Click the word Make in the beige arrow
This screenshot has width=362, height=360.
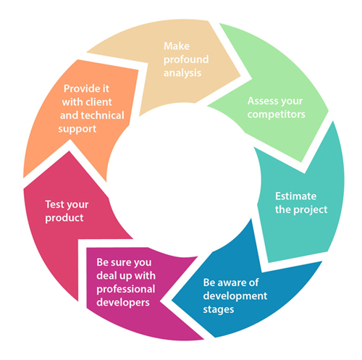pos(177,46)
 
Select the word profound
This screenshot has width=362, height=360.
pos(186,60)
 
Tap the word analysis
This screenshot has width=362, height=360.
pos(182,73)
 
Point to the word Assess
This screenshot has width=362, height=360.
pos(263,101)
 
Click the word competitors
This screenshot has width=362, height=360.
pos(277,114)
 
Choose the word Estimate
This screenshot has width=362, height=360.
pos(295,196)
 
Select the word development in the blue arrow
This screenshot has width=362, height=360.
pos(235,296)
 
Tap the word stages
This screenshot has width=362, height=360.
pos(219,310)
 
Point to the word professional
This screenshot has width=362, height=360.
pos(126,289)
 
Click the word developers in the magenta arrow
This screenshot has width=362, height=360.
pos(123,303)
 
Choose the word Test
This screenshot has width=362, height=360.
pos(54,204)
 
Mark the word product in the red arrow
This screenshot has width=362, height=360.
pos(64,218)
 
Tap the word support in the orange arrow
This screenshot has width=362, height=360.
pos(77,129)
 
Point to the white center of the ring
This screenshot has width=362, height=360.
pos(184,180)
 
